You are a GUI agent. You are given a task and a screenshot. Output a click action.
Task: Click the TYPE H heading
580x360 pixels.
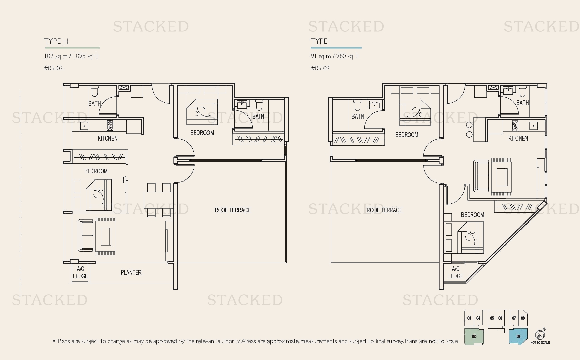56,41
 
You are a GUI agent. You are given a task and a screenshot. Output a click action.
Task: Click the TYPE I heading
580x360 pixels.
321,41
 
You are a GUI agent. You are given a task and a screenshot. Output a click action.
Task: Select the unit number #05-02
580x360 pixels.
53,68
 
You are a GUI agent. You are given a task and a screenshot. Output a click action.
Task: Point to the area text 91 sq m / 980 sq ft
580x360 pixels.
334,56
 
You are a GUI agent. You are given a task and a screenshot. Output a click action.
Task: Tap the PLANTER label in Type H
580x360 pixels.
131,273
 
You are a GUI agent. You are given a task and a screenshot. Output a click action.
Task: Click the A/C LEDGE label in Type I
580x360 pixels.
456,273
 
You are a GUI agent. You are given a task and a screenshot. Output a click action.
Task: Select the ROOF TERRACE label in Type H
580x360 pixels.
233,210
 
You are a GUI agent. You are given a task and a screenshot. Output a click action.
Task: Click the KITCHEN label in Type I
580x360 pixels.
518,138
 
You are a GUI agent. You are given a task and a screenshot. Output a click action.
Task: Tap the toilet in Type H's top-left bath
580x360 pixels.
94,91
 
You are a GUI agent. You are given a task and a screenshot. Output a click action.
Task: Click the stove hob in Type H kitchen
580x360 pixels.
110,125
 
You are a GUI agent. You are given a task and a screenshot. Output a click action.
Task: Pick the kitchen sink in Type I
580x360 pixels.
533,126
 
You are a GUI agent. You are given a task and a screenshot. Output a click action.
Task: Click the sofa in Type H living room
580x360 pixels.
85,235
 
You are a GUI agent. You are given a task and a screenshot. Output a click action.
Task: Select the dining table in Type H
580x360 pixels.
158,200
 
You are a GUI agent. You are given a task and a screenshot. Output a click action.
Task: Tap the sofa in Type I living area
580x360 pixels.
481,176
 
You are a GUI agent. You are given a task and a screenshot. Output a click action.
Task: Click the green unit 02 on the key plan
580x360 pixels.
474,336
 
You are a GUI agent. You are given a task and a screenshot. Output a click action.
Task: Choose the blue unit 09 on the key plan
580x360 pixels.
518,336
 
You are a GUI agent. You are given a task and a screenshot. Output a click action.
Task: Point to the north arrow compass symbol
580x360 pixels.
540,334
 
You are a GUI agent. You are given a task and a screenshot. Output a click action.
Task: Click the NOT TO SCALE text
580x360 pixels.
540,343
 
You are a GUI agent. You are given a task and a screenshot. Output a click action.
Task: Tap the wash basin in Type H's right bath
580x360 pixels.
242,104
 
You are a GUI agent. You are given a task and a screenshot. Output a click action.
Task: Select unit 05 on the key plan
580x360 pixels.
492,318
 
